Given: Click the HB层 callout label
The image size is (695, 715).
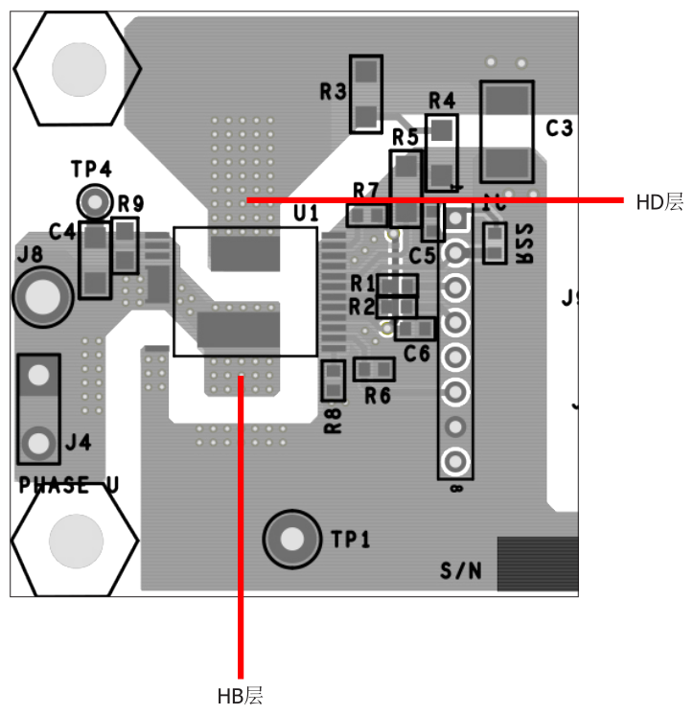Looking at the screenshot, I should pyautogui.click(x=240, y=696).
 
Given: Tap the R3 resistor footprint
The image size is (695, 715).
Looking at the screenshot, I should pyautogui.click(x=366, y=93).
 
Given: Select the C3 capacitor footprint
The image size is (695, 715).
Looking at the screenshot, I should pyautogui.click(x=506, y=131).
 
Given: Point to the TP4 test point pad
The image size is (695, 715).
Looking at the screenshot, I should pyautogui.click(x=94, y=201).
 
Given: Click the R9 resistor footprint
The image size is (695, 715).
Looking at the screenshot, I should pyautogui.click(x=125, y=245).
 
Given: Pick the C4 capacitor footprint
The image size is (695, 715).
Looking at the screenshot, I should pyautogui.click(x=95, y=259).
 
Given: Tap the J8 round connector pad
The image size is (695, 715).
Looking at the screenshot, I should pyautogui.click(x=42, y=295).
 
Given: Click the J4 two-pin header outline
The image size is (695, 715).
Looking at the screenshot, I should pyautogui.click(x=38, y=409).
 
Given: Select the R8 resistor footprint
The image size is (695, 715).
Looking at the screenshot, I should pyautogui.click(x=333, y=381).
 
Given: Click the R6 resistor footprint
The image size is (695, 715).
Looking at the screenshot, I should pyautogui.click(x=374, y=369).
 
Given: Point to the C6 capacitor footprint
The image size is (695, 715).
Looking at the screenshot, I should pyautogui.click(x=415, y=329).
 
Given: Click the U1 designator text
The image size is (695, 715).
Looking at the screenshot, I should pyautogui.click(x=306, y=213).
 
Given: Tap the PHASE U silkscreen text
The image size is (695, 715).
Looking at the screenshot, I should pyautogui.click(x=69, y=486).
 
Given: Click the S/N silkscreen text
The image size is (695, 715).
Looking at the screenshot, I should pyautogui.click(x=461, y=571).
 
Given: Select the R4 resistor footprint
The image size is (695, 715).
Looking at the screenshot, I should pyautogui.click(x=442, y=151).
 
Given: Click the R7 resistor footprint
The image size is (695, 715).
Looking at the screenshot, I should pyautogui.click(x=367, y=216).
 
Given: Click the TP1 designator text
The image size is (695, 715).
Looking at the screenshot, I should pyautogui.click(x=351, y=540).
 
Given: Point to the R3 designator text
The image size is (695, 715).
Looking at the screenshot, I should pyautogui.click(x=333, y=92).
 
